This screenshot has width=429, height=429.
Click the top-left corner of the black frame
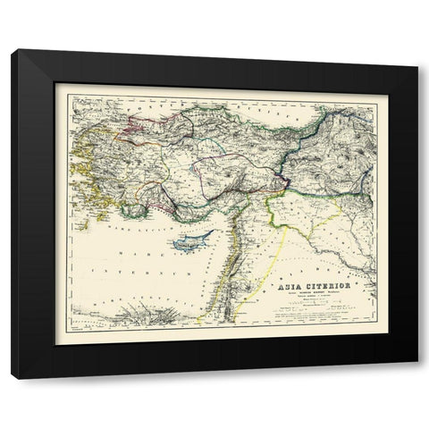click(x=13, y=51)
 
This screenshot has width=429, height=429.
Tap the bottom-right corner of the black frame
click(x=417, y=378)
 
